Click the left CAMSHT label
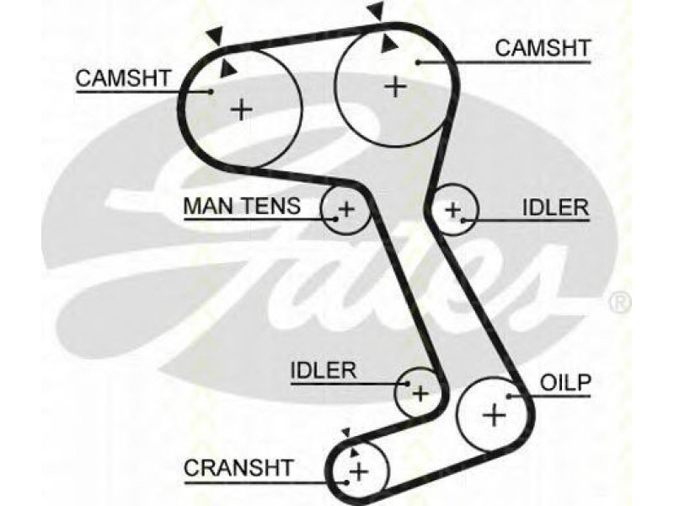point(123,78)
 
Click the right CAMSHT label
point(543,48)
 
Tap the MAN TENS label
point(242,206)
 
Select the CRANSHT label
point(238,468)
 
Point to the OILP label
point(565,383)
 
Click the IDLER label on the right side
point(555,207)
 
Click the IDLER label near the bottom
point(324,370)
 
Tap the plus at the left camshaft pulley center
point(242,110)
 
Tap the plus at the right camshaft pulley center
point(395,87)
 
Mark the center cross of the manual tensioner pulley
point(346,209)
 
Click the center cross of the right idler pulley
point(452,210)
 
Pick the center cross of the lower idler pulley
point(420,393)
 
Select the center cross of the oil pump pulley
point(495,415)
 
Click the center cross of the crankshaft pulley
point(359,472)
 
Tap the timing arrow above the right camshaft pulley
point(376,10)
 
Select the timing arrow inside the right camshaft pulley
point(388,44)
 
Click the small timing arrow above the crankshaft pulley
point(346,433)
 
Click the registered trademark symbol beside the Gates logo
point(620,302)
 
